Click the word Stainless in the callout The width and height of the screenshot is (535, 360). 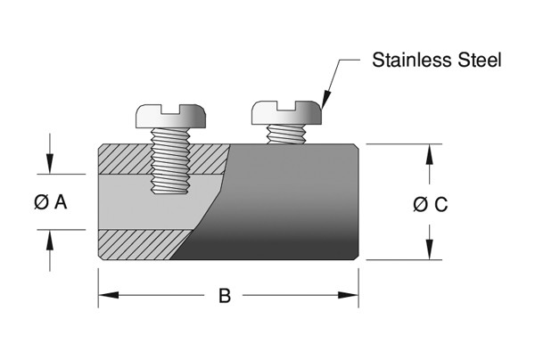tap(407, 61)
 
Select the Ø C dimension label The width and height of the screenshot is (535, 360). tap(430, 204)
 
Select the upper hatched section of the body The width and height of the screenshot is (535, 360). tap(125, 159)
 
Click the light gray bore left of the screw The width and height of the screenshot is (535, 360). tap(120, 202)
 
